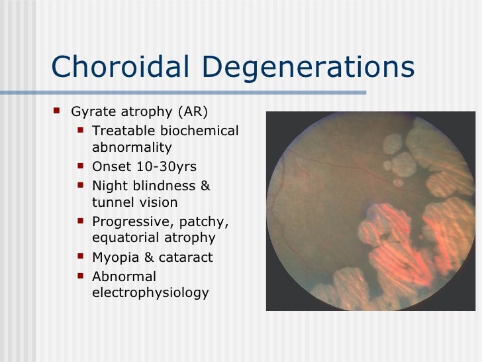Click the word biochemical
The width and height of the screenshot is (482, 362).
(199, 131)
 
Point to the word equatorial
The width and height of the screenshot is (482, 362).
(123, 237)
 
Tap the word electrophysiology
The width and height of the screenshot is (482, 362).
(150, 292)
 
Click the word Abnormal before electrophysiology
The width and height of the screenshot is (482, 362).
(124, 276)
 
